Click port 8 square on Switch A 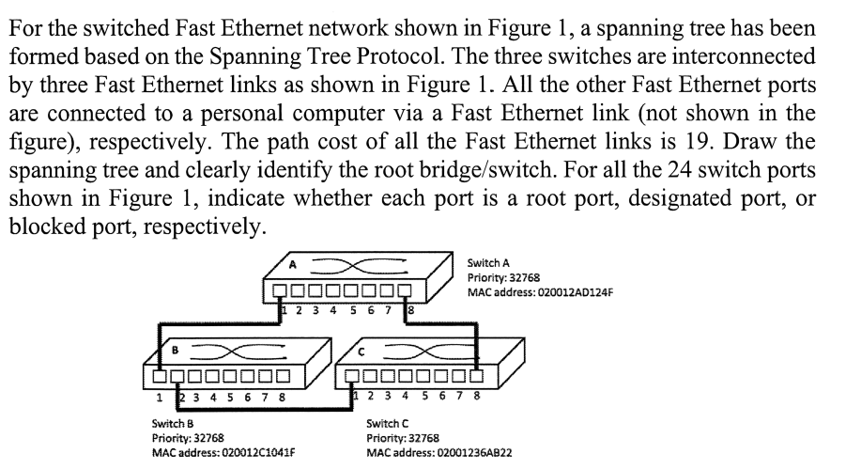point(406,289)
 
